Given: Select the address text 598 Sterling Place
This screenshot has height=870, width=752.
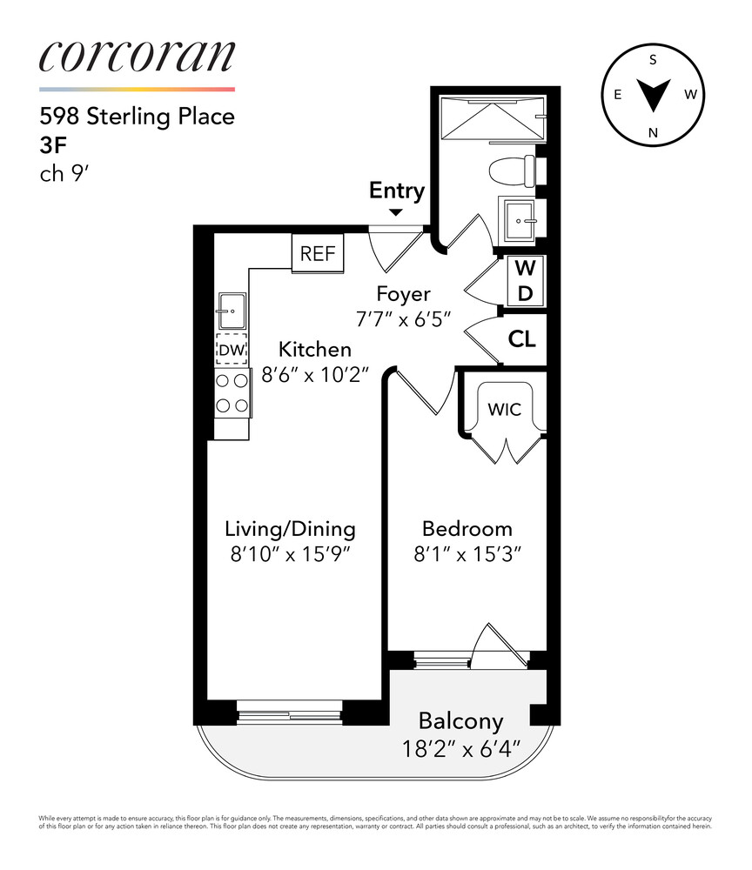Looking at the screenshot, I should (137, 116).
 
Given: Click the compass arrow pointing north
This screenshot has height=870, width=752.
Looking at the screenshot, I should (653, 95).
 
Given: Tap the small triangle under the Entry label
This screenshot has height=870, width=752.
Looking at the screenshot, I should (396, 211).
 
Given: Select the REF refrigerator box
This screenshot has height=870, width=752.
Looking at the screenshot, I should (318, 254).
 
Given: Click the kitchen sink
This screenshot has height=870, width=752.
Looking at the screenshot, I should (232, 305).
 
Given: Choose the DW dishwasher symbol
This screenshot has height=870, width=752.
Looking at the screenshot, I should (232, 350).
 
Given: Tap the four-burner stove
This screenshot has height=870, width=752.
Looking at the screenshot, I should (232, 392).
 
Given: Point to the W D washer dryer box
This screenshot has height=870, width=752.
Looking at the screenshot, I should (525, 279).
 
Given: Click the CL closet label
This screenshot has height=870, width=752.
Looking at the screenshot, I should (522, 340).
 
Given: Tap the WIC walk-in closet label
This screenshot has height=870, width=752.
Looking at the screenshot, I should (504, 408).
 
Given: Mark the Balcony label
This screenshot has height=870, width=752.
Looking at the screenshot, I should (460, 720).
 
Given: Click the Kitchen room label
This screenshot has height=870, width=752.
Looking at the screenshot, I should (314, 350).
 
